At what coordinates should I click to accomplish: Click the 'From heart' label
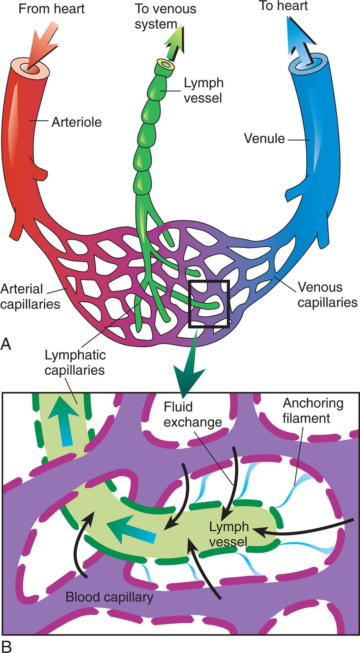click(52, 9)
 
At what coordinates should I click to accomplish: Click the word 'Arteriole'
click(76, 122)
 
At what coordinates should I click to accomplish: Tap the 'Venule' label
click(264, 139)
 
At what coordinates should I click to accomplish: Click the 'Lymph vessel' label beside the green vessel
click(203, 90)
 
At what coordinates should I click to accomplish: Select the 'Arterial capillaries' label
click(30, 296)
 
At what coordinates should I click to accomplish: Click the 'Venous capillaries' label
click(327, 295)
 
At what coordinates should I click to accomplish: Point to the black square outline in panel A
click(209, 281)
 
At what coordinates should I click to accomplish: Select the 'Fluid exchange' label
click(193, 414)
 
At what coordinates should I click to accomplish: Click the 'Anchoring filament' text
click(313, 410)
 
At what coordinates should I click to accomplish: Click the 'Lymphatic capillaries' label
click(75, 362)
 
